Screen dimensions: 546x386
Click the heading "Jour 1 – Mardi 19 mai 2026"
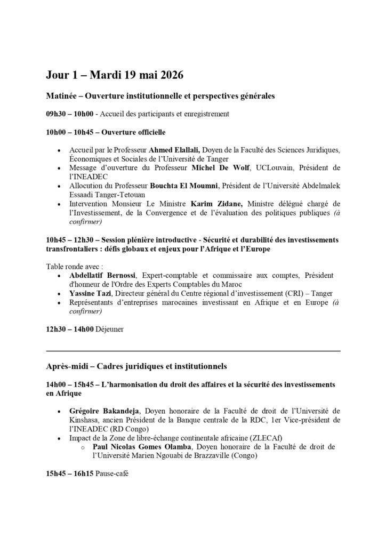[114, 75]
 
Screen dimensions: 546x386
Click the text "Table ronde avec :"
[71, 266]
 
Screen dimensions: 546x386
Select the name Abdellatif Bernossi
[102, 275]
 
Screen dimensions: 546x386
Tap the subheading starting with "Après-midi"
[136, 366]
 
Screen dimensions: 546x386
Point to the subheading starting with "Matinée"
[160, 97]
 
